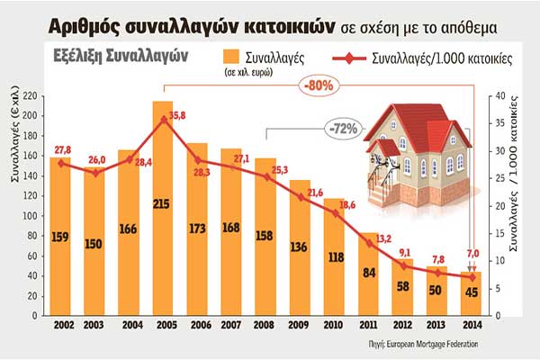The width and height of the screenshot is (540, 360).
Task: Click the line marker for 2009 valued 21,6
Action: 299,196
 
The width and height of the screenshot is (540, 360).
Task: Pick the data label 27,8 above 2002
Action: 63,149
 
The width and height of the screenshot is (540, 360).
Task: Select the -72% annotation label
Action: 347,128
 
